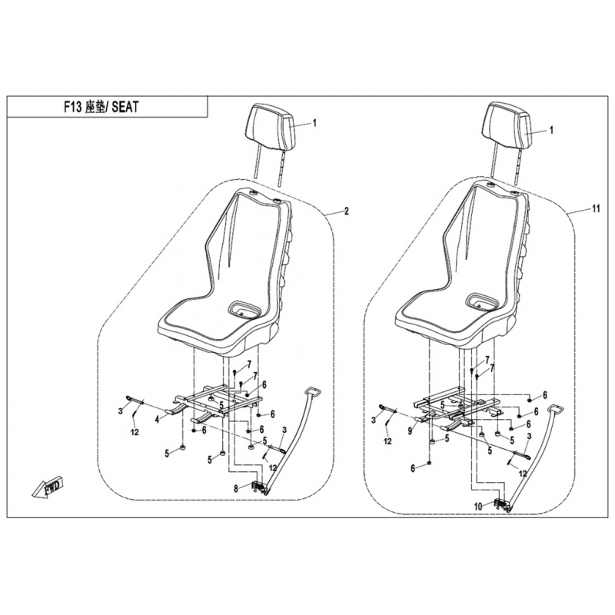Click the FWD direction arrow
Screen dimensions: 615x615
[46, 488]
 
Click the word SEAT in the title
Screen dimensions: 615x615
[125, 107]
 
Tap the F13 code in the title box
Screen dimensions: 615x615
[73, 107]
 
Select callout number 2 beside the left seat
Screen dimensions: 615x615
[346, 211]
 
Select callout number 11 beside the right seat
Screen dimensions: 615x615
[597, 209]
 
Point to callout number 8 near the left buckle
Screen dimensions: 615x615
[236, 489]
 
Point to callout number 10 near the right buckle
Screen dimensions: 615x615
[478, 507]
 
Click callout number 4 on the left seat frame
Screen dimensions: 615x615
[158, 420]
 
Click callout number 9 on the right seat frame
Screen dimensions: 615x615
[410, 431]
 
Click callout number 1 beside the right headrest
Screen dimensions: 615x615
[551, 130]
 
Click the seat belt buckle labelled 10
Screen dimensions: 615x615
[501, 504]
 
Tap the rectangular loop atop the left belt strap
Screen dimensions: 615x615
[313, 391]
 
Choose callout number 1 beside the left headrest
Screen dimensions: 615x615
[314, 123]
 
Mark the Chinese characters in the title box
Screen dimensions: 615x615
[94, 107]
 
